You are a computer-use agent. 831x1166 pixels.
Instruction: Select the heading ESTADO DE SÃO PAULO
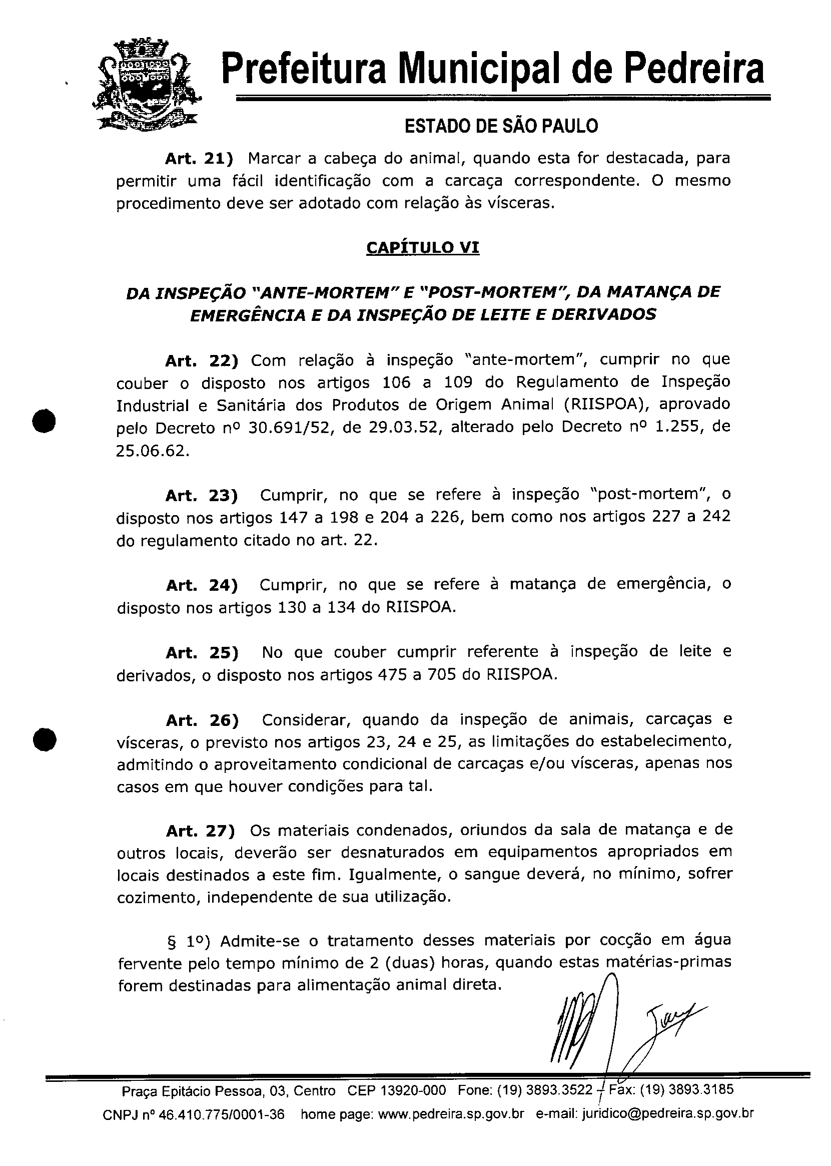click(x=501, y=126)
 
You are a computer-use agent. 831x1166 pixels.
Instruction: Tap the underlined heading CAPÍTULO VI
click(x=423, y=248)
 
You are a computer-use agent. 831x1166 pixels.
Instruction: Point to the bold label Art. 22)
click(x=202, y=361)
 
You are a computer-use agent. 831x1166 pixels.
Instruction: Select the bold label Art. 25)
click(x=202, y=653)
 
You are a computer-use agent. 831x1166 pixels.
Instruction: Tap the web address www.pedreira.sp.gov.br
click(x=451, y=1114)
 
